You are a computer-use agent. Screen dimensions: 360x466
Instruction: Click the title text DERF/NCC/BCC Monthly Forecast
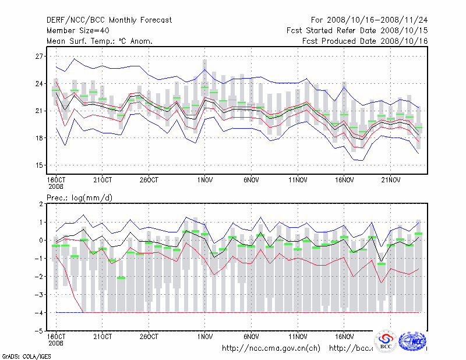click(109, 20)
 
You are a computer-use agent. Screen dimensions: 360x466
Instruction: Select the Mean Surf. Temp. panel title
click(100, 41)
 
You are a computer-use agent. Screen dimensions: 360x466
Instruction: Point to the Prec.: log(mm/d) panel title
click(79, 198)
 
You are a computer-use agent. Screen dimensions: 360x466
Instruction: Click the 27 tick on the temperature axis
click(40, 57)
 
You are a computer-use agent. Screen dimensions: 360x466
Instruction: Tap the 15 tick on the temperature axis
click(40, 165)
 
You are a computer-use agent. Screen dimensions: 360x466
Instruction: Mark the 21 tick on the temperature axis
click(40, 111)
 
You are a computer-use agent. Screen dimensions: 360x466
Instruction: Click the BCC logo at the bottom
click(385, 341)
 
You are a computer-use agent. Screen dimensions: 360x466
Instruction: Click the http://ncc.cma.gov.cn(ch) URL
click(271, 348)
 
